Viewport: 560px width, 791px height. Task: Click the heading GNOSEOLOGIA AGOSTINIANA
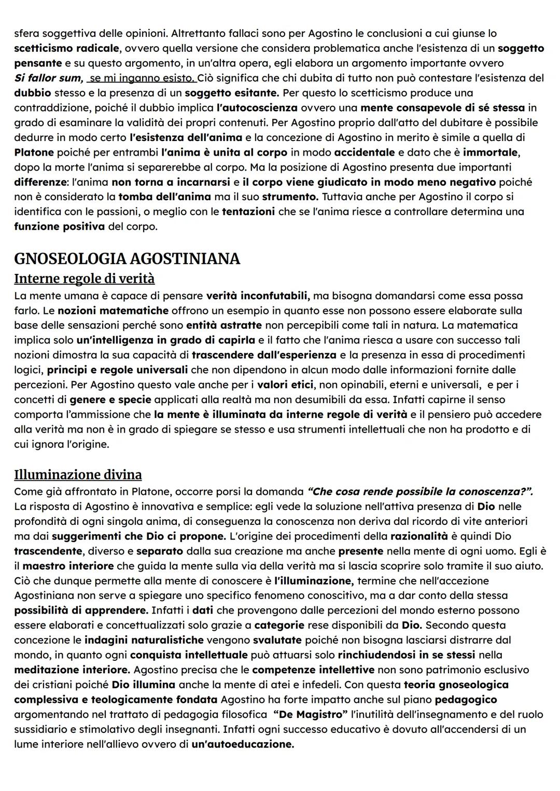[127, 258]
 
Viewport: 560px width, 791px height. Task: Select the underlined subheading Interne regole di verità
[84, 279]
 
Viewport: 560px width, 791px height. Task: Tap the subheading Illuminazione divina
[78, 475]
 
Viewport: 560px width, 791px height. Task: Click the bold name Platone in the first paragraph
[34, 152]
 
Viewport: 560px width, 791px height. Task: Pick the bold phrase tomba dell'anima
[164, 197]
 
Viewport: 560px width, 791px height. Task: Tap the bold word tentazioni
[248, 212]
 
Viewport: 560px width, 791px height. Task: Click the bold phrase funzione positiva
[59, 227]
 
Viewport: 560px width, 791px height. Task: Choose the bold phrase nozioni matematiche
[113, 311]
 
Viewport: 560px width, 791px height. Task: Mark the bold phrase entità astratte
[224, 325]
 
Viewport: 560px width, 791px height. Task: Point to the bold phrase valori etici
[287, 385]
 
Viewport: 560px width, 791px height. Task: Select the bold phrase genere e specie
[110, 400]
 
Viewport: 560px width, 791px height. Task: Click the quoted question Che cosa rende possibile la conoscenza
[419, 491]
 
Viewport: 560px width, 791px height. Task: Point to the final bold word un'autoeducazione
[242, 744]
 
